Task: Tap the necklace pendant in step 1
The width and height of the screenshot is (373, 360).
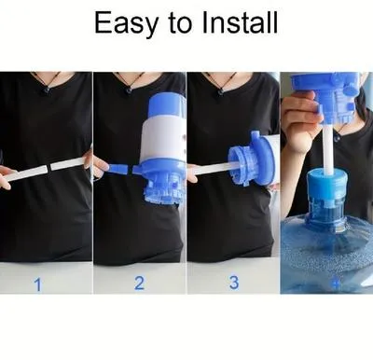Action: click(x=44, y=90)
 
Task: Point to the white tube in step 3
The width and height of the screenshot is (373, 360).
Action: click(x=217, y=167)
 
